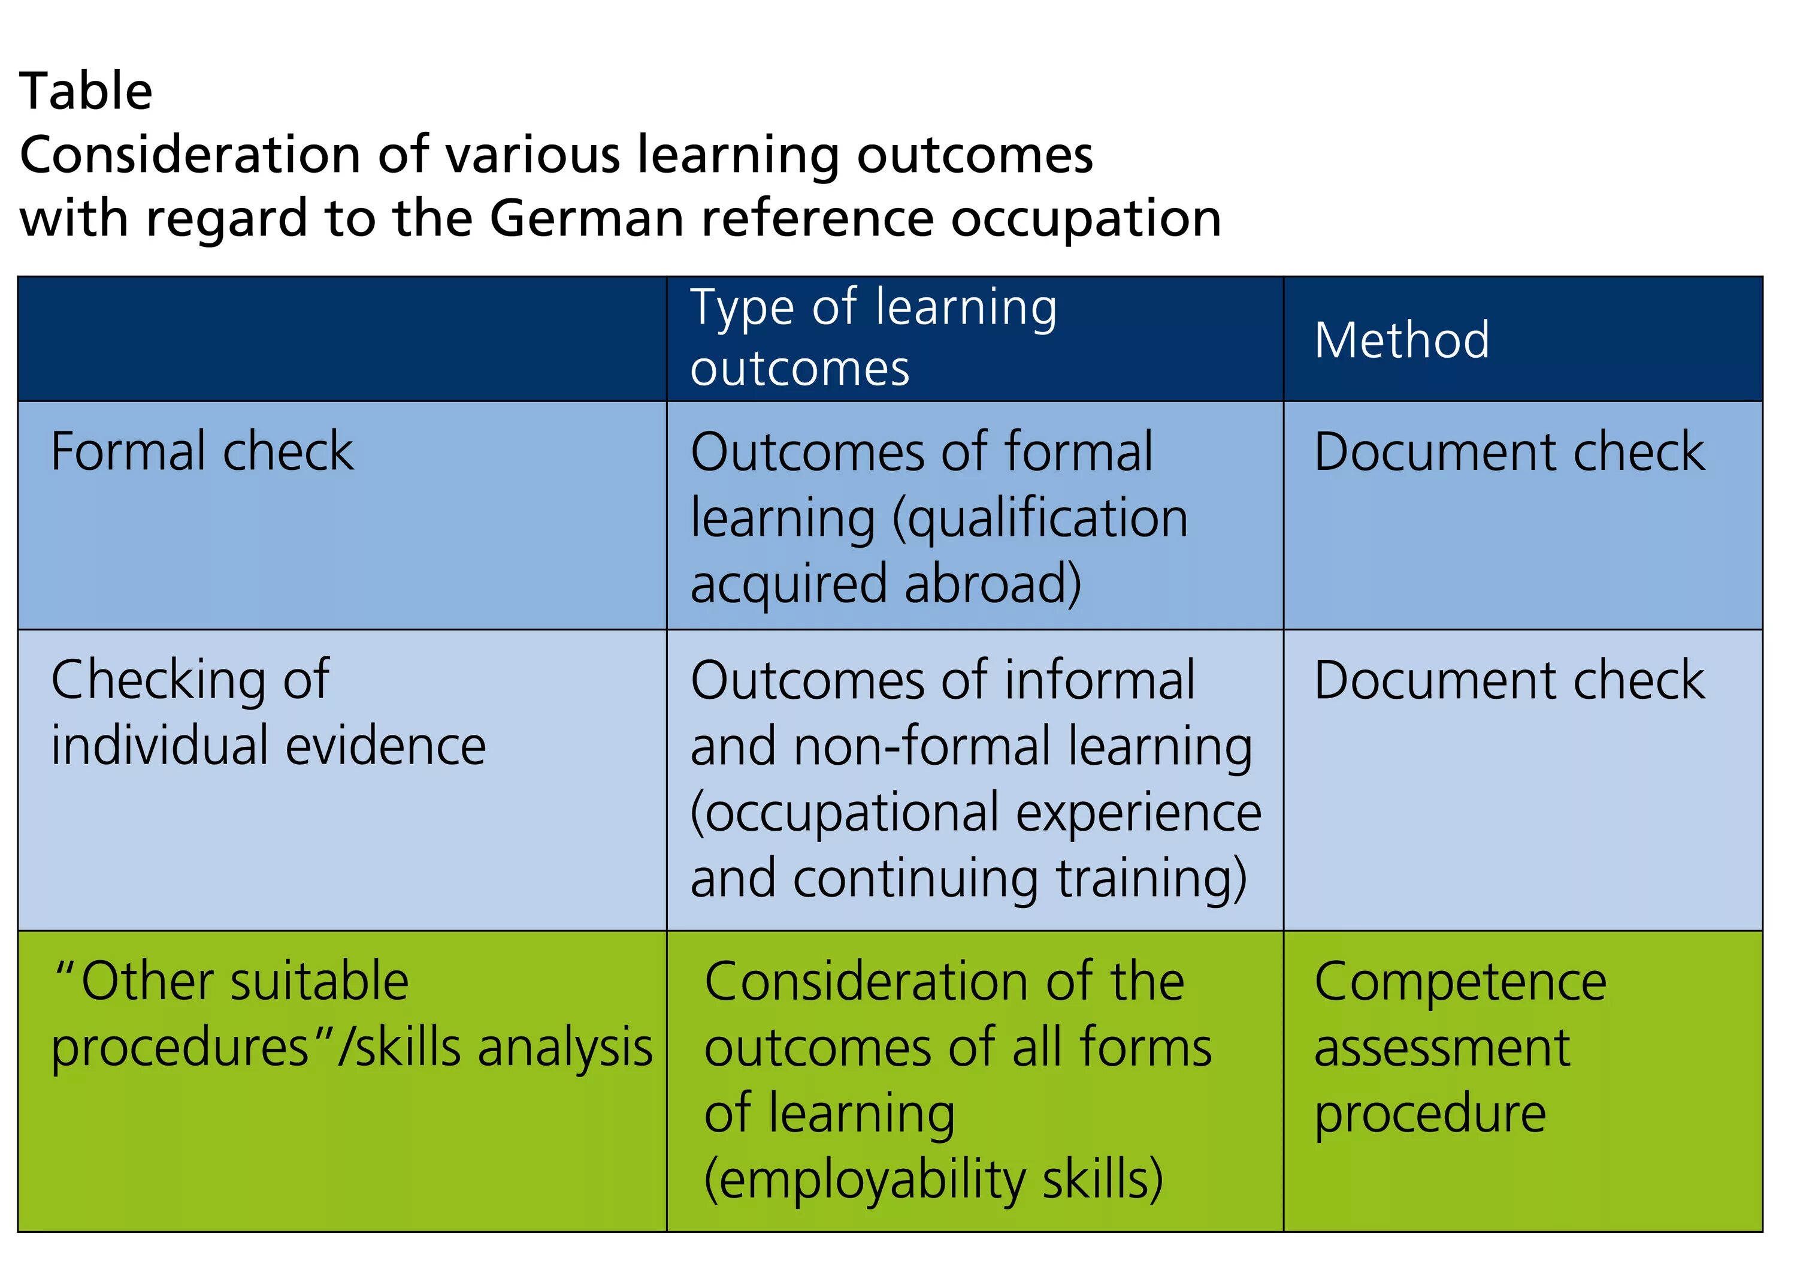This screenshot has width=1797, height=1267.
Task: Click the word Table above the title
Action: pos(86,92)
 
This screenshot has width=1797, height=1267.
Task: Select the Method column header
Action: pos(1401,340)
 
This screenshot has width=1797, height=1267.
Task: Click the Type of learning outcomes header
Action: pos(873,337)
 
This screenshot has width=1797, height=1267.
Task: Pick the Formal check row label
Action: pos(202,452)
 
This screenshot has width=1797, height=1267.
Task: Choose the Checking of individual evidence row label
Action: pos(268,713)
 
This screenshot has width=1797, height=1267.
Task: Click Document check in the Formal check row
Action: pos(1509,452)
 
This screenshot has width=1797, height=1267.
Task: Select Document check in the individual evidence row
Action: pos(1509,680)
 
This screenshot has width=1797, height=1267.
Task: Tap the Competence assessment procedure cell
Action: pos(1460,1047)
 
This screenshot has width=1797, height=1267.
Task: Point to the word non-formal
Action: pos(922,746)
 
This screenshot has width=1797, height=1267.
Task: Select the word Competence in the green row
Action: pos(1460,981)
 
